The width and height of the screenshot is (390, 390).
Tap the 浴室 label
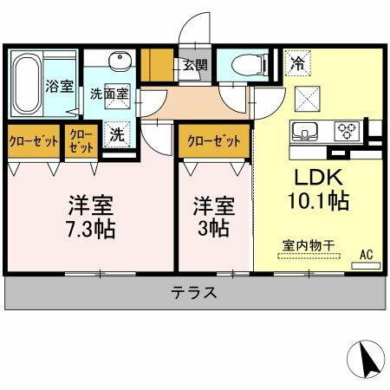point(58,88)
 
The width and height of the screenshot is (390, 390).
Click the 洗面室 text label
point(110,93)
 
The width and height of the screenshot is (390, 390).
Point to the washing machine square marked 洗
point(116,135)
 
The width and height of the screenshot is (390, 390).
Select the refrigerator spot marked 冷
point(296,64)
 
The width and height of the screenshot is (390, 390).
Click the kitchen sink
point(305,132)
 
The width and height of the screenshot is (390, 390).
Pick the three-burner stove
point(348,132)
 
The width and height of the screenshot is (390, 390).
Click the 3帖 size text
point(213,231)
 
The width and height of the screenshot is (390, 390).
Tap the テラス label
point(194,293)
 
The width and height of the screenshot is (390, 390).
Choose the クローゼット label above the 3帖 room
point(213,138)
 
